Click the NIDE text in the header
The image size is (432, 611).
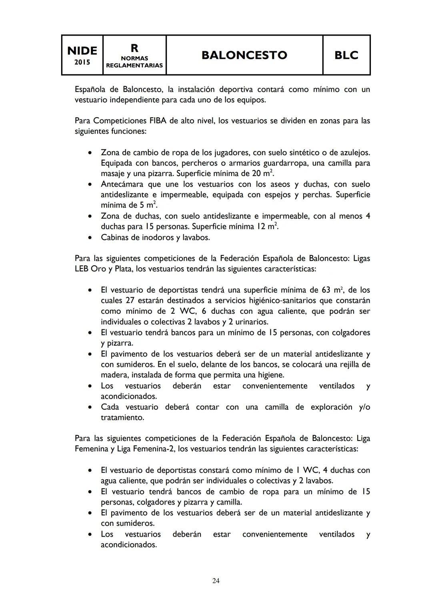coord(82,51)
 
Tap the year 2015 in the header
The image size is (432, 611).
coord(82,62)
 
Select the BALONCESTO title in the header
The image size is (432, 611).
coord(244,55)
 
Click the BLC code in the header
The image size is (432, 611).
coord(346,55)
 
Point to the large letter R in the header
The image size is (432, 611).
coord(134,48)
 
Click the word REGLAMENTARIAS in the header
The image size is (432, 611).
coord(134,65)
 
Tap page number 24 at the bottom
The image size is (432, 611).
coord(216,581)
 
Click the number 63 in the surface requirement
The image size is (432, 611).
coord(326,290)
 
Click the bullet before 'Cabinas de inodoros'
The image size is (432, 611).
coord(91,238)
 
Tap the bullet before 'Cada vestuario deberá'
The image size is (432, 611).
coord(91,407)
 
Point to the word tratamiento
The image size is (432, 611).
coord(122,417)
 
